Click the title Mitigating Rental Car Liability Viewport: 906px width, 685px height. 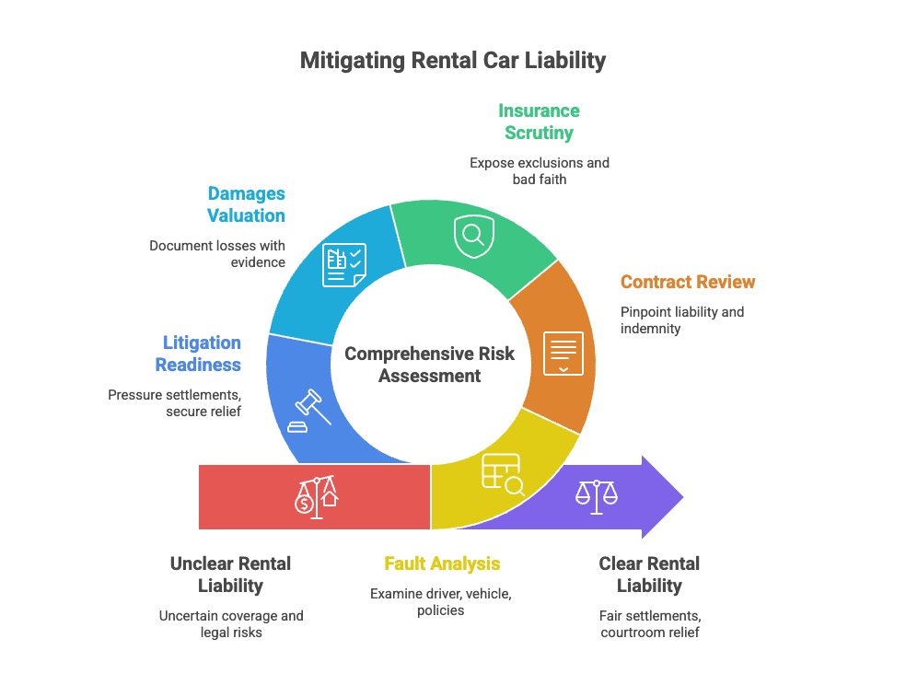(453, 61)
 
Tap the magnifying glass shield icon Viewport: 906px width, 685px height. (473, 236)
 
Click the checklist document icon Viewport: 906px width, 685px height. (343, 264)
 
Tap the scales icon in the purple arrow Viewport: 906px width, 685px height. (596, 497)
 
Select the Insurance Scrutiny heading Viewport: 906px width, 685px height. (539, 122)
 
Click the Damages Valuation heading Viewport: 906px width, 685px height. (246, 204)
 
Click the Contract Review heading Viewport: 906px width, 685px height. (687, 282)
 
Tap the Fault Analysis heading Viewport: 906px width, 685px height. (442, 563)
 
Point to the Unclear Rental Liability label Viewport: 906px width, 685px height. (230, 574)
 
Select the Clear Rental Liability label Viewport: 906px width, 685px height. (649, 574)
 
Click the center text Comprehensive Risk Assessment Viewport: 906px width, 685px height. (430, 365)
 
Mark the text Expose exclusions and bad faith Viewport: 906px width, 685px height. (539, 170)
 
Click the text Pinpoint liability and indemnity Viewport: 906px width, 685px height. (681, 319)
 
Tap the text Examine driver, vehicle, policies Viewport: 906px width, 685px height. (441, 601)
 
